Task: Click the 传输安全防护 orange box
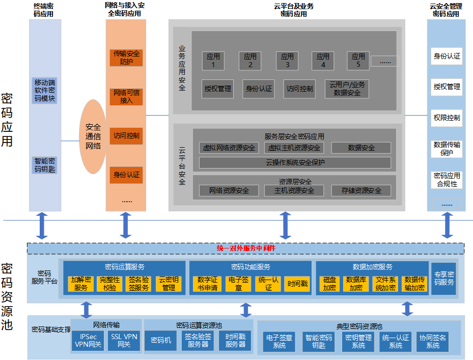[126, 58]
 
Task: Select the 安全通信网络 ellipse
[93, 136]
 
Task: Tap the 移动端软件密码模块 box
[45, 90]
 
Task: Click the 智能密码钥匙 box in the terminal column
[45, 164]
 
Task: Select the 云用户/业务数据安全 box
[347, 89]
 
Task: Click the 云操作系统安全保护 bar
[295, 163]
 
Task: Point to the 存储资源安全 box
[361, 190]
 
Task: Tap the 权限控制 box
[447, 118]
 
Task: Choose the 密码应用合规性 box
[447, 179]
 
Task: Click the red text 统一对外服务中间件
[246, 248]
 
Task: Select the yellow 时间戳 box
[296, 284]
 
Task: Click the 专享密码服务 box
[443, 279]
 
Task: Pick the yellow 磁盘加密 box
[329, 284]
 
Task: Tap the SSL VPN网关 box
[124, 341]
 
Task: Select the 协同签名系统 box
[432, 341]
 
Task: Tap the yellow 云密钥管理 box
[169, 284]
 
